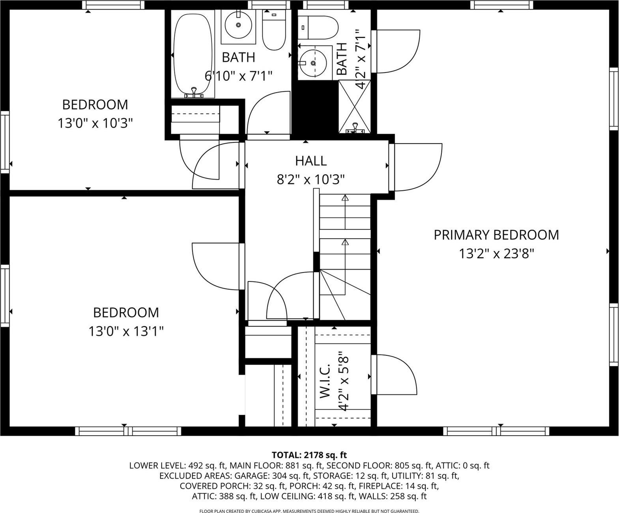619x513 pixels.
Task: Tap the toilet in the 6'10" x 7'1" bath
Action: point(274,31)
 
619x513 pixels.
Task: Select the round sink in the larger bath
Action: point(238,25)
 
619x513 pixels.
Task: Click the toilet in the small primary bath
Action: point(319,27)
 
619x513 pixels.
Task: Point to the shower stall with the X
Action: point(355,106)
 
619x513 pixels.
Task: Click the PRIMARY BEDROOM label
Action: point(496,235)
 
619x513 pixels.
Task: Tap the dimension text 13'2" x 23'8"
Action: point(496,254)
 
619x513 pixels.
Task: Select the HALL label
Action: point(311,161)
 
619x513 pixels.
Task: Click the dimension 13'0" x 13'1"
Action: point(126,331)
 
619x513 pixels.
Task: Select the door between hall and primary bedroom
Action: point(416,168)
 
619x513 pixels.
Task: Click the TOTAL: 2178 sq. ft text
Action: point(309,455)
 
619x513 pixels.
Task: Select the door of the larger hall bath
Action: point(268,114)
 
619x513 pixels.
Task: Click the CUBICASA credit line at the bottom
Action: point(309,511)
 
